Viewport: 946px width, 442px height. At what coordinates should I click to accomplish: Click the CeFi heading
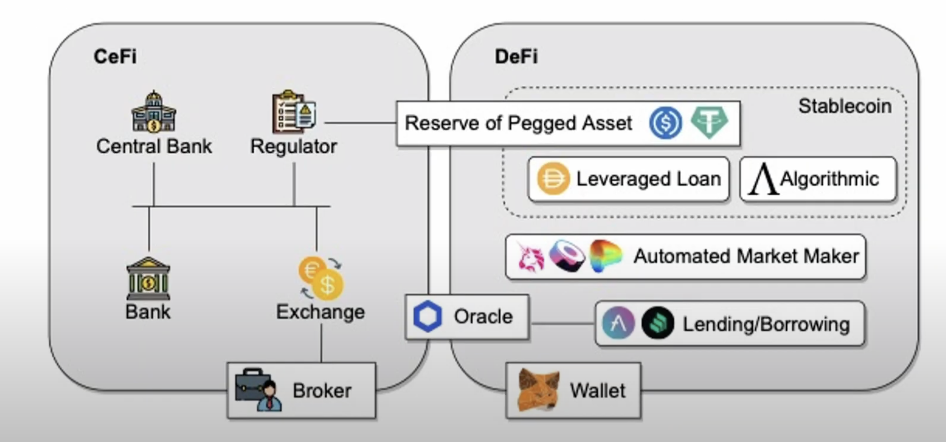tap(115, 57)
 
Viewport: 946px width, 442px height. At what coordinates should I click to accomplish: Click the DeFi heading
tap(516, 57)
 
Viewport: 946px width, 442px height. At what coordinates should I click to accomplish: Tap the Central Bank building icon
tap(154, 112)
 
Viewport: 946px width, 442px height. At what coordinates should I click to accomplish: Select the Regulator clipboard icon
tap(294, 112)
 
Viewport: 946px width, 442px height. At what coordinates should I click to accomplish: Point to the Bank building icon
tap(148, 279)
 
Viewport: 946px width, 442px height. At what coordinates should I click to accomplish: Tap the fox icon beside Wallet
tap(538, 390)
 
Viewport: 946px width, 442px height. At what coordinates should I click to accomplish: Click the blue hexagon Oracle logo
tap(428, 316)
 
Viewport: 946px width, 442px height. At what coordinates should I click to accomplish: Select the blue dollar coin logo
tap(665, 123)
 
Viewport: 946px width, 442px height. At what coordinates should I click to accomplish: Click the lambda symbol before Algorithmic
tap(763, 179)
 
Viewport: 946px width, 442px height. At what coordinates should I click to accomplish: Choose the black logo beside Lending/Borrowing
tap(657, 323)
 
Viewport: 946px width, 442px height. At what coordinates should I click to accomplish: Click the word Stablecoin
tap(845, 106)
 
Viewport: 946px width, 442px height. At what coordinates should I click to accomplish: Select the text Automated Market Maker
tap(746, 257)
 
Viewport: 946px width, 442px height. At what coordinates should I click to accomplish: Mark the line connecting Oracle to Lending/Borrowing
tap(562, 323)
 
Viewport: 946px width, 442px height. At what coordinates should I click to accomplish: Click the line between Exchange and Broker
tap(321, 343)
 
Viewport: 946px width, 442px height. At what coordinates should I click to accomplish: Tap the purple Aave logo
tap(618, 323)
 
